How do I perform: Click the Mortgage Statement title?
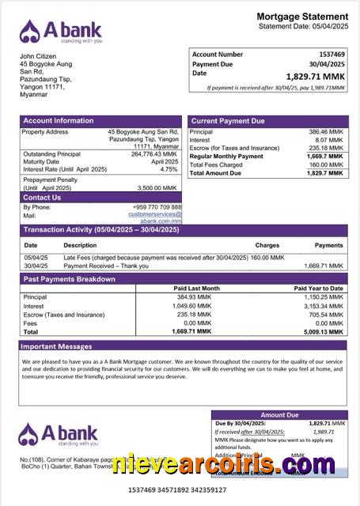302,17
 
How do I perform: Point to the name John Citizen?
39,57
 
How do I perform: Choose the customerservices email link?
155,214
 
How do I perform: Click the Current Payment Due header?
228,121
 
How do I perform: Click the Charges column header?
267,245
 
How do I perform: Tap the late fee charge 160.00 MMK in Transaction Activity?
268,258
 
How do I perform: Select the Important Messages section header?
56,346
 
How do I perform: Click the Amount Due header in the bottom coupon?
279,414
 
